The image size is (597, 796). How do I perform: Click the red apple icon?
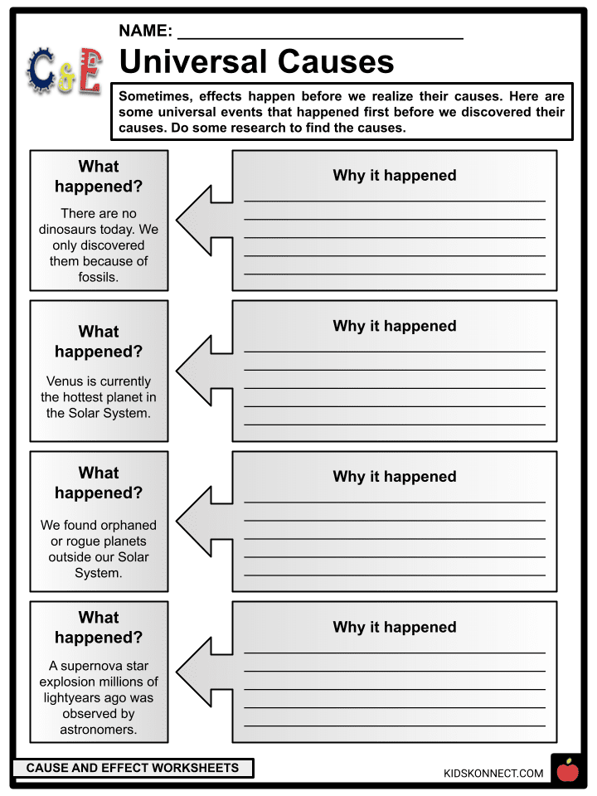pos(567,770)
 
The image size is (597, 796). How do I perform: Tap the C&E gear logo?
pos(64,70)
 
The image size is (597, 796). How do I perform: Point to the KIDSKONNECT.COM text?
pos(493,774)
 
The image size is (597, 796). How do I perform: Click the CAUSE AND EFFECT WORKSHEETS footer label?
pos(132,769)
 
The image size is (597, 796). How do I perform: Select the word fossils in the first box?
pos(99,277)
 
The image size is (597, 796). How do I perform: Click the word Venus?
pos(67,381)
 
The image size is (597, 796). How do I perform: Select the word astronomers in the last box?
pos(99,730)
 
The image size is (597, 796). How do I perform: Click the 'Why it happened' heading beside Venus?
pos(395,327)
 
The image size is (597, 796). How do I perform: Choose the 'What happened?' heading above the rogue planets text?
pos(99,483)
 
